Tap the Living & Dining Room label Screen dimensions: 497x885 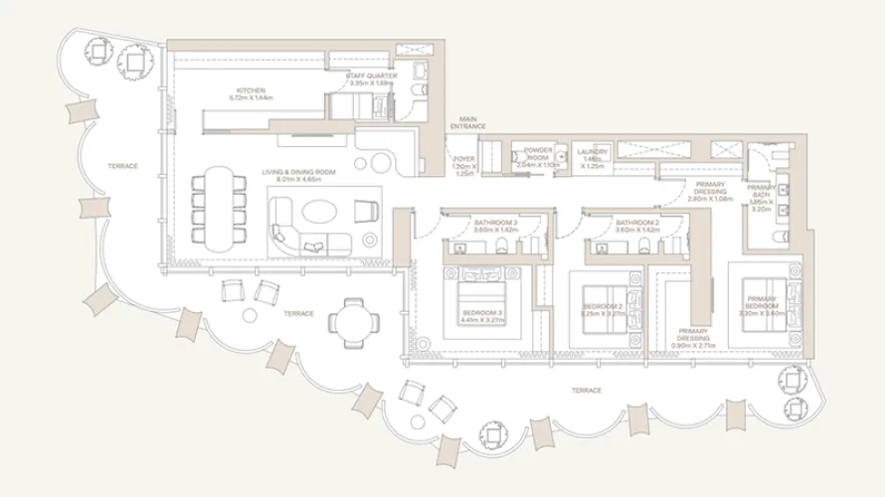click(x=298, y=176)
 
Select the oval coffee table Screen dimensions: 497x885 click(x=321, y=212)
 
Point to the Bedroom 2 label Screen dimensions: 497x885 click(x=603, y=309)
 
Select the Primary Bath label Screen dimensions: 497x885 click(x=761, y=197)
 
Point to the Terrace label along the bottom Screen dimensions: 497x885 click(x=586, y=391)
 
